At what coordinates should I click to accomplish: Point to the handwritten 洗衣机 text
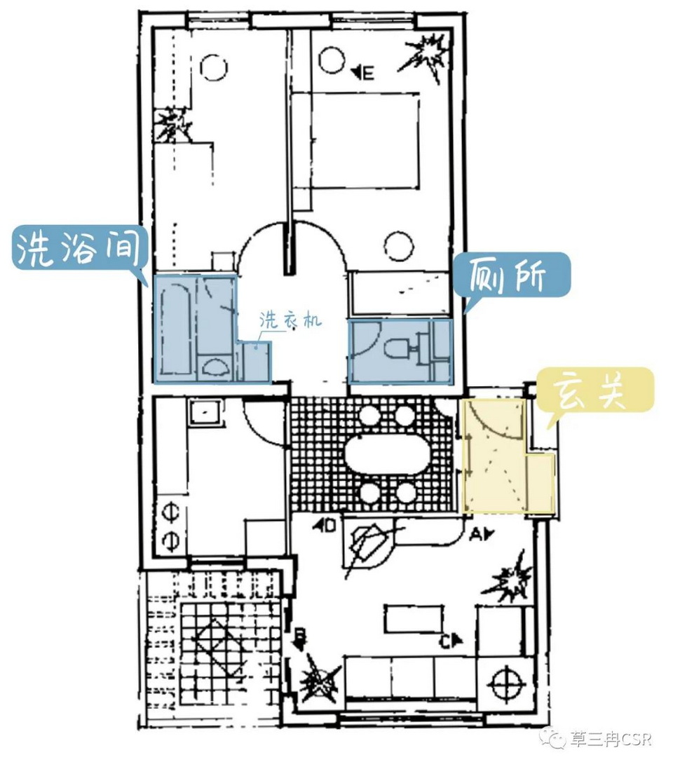pos(290,320)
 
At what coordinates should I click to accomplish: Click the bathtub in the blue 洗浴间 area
pos(175,329)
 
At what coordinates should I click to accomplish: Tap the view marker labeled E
pos(363,73)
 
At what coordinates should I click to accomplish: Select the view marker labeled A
pos(482,535)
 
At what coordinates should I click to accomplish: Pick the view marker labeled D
pos(325,526)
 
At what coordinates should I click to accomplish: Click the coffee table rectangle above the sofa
pos(413,620)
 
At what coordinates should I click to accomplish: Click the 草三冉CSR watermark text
pos(610,739)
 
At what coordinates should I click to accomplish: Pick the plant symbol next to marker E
pos(425,56)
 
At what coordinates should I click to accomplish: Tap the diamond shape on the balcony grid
pos(222,648)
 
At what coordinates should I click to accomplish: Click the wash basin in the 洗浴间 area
pos(215,365)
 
